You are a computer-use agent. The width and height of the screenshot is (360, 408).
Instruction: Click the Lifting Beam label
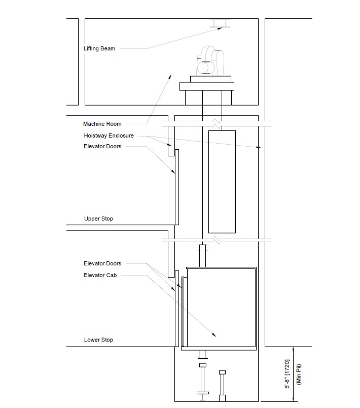(99, 48)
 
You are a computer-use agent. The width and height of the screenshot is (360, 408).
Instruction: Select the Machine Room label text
(102, 124)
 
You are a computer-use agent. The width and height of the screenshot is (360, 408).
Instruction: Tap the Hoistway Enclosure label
(109, 135)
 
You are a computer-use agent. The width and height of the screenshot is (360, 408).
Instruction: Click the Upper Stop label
(98, 219)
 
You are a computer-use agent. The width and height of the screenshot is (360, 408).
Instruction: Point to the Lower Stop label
(98, 340)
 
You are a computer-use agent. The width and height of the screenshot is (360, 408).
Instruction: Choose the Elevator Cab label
(100, 275)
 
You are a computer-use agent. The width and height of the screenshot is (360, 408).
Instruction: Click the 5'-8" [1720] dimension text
(287, 374)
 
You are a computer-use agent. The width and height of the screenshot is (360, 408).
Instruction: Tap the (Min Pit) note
(299, 375)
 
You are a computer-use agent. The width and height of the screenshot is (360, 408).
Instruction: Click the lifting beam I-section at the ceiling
(220, 23)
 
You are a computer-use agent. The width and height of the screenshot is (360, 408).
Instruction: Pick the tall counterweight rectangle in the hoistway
(222, 182)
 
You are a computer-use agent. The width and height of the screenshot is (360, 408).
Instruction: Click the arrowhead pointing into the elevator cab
(214, 335)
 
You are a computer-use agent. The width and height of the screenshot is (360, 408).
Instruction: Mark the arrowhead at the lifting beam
(220, 28)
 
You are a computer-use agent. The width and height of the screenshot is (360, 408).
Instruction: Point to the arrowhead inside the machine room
(170, 76)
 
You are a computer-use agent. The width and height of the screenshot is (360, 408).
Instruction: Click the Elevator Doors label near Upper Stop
(102, 146)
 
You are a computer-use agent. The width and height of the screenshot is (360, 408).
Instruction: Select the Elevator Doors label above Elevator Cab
(102, 263)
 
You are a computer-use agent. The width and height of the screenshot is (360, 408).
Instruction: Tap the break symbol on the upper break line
(218, 124)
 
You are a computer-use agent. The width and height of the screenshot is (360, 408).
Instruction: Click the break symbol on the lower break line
(218, 240)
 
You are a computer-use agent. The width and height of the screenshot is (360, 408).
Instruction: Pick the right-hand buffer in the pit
(222, 386)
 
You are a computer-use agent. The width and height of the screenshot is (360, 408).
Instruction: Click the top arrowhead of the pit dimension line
(294, 349)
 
